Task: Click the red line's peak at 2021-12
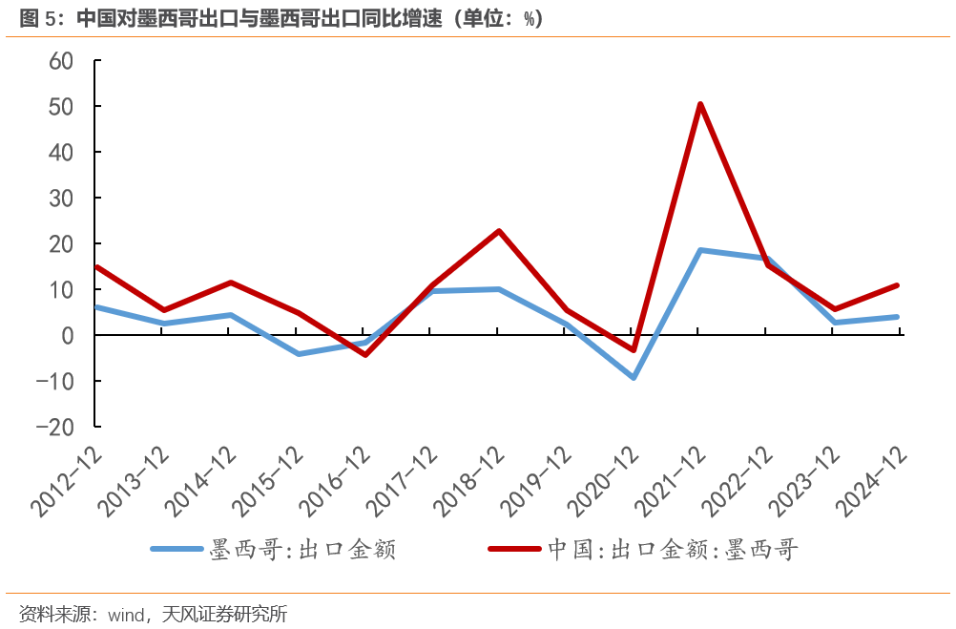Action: coord(699,104)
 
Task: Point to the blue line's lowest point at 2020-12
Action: coord(633,377)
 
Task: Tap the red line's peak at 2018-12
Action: coord(499,231)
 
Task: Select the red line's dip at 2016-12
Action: coord(364,354)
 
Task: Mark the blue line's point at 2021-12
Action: coord(699,250)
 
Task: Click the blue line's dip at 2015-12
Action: coord(298,353)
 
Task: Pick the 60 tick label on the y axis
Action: coord(61,60)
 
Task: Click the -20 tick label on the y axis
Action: coord(55,427)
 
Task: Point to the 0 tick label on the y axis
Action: coord(68,335)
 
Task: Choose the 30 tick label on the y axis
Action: coord(61,198)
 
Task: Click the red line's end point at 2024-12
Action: coord(897,285)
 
